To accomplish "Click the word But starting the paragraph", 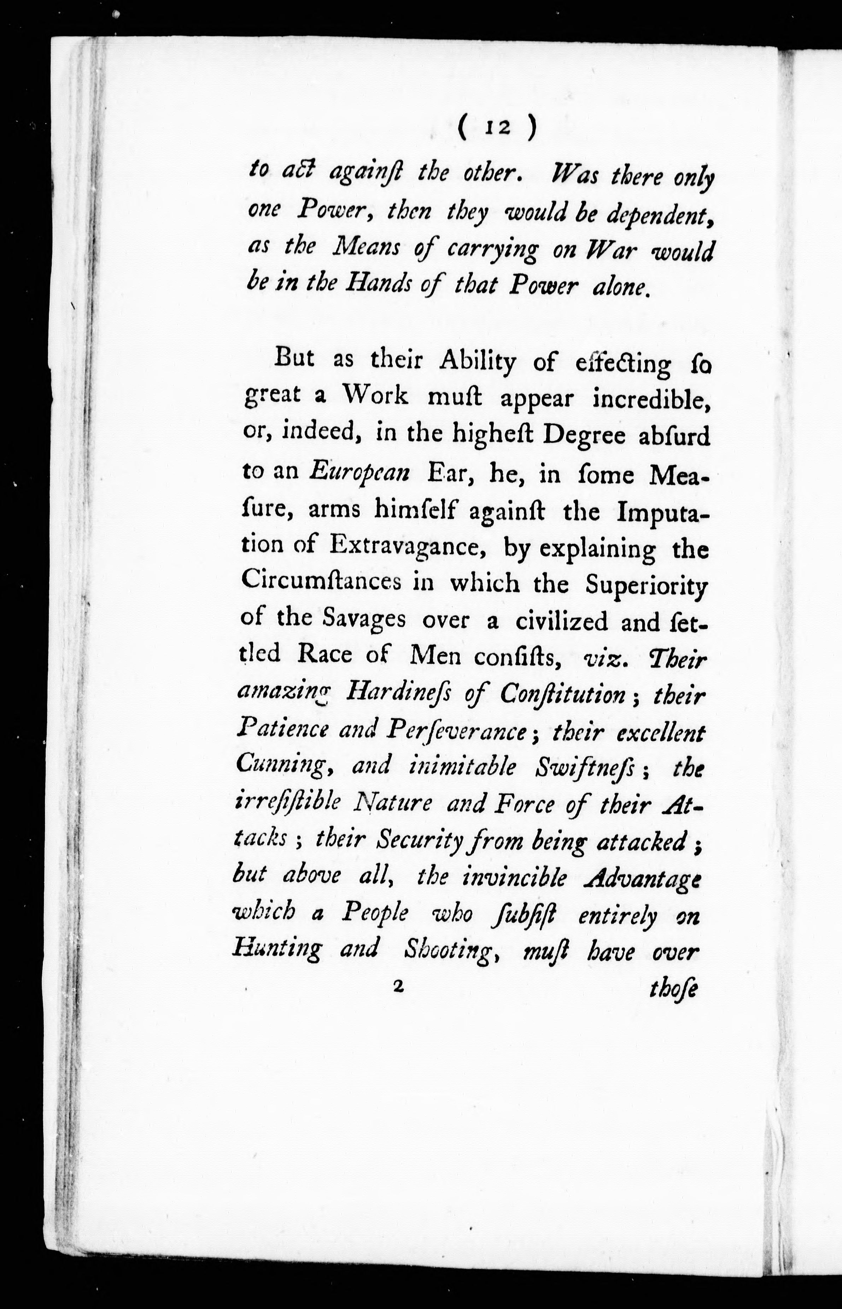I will pos(295,359).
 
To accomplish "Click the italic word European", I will pos(359,472).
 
